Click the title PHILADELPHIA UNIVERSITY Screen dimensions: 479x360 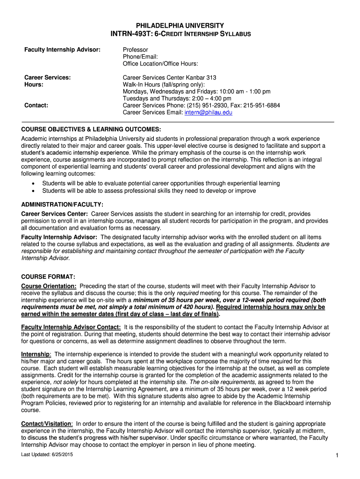click(x=180, y=25)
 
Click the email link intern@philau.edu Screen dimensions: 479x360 click(x=208, y=113)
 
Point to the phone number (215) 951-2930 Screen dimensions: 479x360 click(x=203, y=106)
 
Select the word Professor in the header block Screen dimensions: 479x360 click(x=136, y=50)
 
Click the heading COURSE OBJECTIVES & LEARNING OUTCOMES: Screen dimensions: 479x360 click(x=91, y=129)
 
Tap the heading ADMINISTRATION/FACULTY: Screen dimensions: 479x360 click(x=62, y=204)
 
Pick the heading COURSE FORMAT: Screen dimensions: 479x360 click(x=48, y=276)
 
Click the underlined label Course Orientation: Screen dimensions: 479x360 click(x=49, y=286)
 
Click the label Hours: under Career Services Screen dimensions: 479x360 click(x=34, y=85)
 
